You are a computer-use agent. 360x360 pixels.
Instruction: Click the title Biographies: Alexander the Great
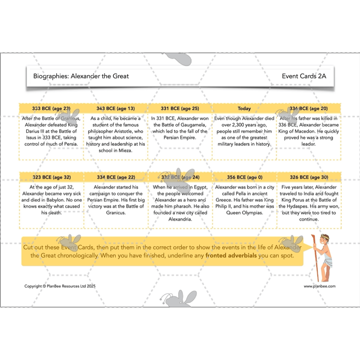81,76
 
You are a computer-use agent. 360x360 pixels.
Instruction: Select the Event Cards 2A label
304,76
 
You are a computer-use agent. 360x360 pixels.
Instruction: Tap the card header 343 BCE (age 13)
116,108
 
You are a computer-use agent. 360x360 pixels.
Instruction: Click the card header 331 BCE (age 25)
180,108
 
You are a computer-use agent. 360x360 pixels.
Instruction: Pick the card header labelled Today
244,108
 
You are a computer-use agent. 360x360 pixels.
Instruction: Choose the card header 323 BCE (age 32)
51,177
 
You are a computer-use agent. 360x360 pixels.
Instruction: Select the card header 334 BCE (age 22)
116,177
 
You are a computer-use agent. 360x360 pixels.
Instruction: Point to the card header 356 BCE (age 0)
244,177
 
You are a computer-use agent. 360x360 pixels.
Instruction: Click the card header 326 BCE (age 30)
309,177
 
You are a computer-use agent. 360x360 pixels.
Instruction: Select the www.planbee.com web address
319,286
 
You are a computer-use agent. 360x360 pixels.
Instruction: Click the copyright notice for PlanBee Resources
60,286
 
